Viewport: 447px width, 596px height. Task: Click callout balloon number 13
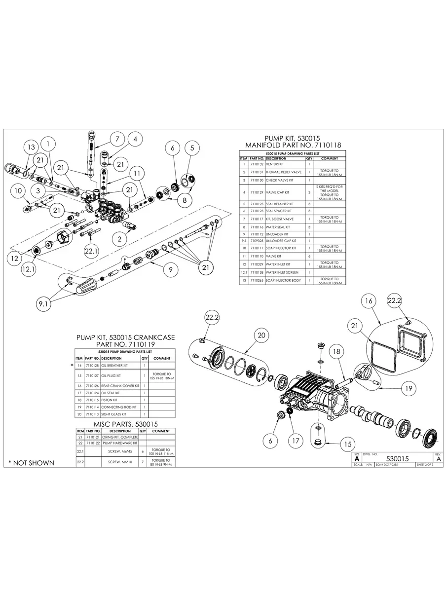pyautogui.click(x=31, y=147)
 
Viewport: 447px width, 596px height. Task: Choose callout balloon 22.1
pyautogui.click(x=91, y=251)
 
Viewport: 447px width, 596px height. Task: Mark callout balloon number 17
pyautogui.click(x=295, y=441)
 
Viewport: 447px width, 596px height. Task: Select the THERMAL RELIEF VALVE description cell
pyautogui.click(x=284, y=172)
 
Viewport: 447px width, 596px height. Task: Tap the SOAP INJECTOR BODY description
pyautogui.click(x=283, y=280)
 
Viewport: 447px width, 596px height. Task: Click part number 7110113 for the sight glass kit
pyautogui.click(x=92, y=415)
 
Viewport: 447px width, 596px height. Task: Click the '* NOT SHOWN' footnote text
pyautogui.click(x=31, y=463)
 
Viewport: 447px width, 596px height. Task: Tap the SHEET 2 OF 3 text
pyautogui.click(x=428, y=464)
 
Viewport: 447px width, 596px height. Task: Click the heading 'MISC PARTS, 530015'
pyautogui.click(x=125, y=424)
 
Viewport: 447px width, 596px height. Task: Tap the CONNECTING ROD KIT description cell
pyautogui.click(x=119, y=407)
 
